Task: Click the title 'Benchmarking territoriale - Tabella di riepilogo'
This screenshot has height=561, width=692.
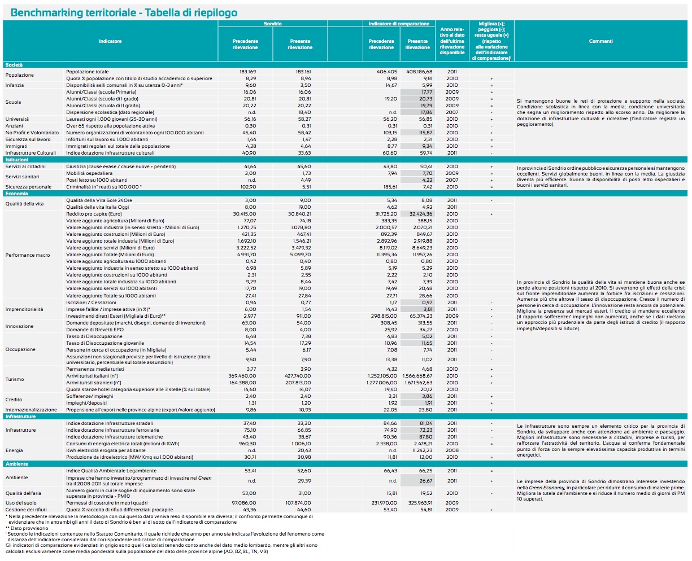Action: [124, 12]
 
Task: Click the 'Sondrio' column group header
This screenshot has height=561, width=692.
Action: [273, 24]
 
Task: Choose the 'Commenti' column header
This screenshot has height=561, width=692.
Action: [600, 41]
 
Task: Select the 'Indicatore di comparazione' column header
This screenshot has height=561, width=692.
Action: [399, 24]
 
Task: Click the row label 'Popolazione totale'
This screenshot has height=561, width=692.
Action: [87, 72]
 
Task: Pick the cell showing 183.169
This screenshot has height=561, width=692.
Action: [247, 72]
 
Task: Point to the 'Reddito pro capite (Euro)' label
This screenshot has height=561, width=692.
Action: [94, 214]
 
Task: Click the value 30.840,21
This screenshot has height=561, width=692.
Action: [299, 214]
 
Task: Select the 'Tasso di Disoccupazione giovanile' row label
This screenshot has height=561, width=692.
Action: [105, 343]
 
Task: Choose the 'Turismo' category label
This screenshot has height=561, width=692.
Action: [14, 379]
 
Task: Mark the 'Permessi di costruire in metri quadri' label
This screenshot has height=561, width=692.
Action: [107, 502]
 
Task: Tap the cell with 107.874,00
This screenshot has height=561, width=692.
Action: [299, 502]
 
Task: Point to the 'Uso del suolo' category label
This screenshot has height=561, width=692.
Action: [21, 502]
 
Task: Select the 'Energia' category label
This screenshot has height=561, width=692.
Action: [14, 450]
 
